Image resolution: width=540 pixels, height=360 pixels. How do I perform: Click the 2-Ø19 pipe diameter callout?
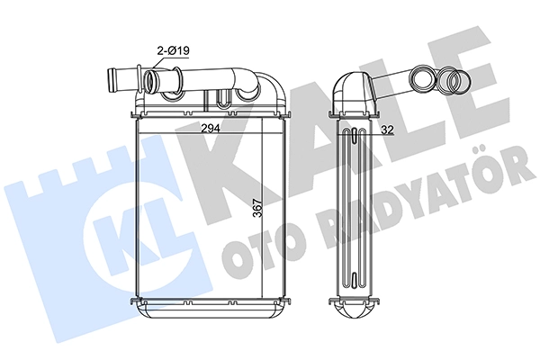173,51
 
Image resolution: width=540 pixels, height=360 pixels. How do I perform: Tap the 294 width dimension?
211,128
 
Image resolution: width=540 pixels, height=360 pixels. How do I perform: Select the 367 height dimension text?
257,208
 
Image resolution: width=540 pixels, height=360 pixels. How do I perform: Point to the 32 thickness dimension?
387,130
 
